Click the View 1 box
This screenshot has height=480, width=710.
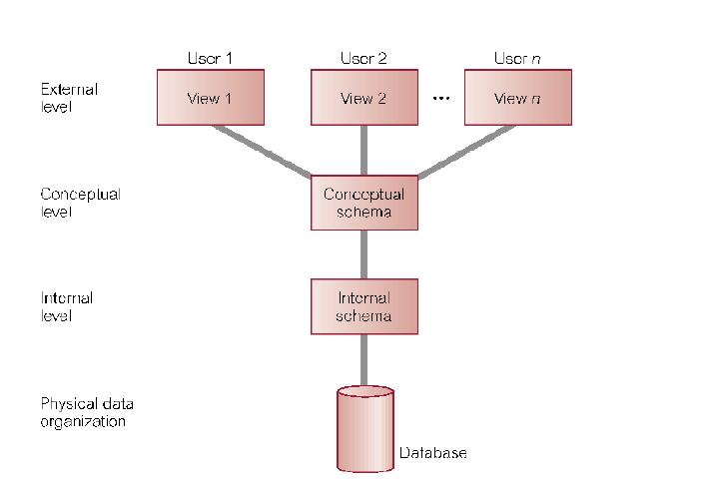tap(210, 98)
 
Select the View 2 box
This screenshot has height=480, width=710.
tap(363, 98)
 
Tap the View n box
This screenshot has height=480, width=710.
tap(517, 98)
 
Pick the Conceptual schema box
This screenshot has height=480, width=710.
tap(363, 203)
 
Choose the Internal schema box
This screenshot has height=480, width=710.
tap(363, 306)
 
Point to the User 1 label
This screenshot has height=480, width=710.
tap(210, 58)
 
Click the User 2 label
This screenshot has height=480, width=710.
tap(363, 58)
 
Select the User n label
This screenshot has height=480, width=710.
tap(517, 58)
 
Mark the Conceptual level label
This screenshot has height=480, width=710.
tap(80, 202)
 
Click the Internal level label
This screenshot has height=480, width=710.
tap(67, 306)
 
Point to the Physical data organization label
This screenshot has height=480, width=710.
tap(87, 412)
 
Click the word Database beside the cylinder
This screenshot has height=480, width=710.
tap(433, 453)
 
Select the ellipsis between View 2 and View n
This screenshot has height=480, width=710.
tap(440, 99)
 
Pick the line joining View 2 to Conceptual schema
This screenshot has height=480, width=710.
tap(363, 150)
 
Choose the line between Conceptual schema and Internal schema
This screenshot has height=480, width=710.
tap(363, 254)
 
